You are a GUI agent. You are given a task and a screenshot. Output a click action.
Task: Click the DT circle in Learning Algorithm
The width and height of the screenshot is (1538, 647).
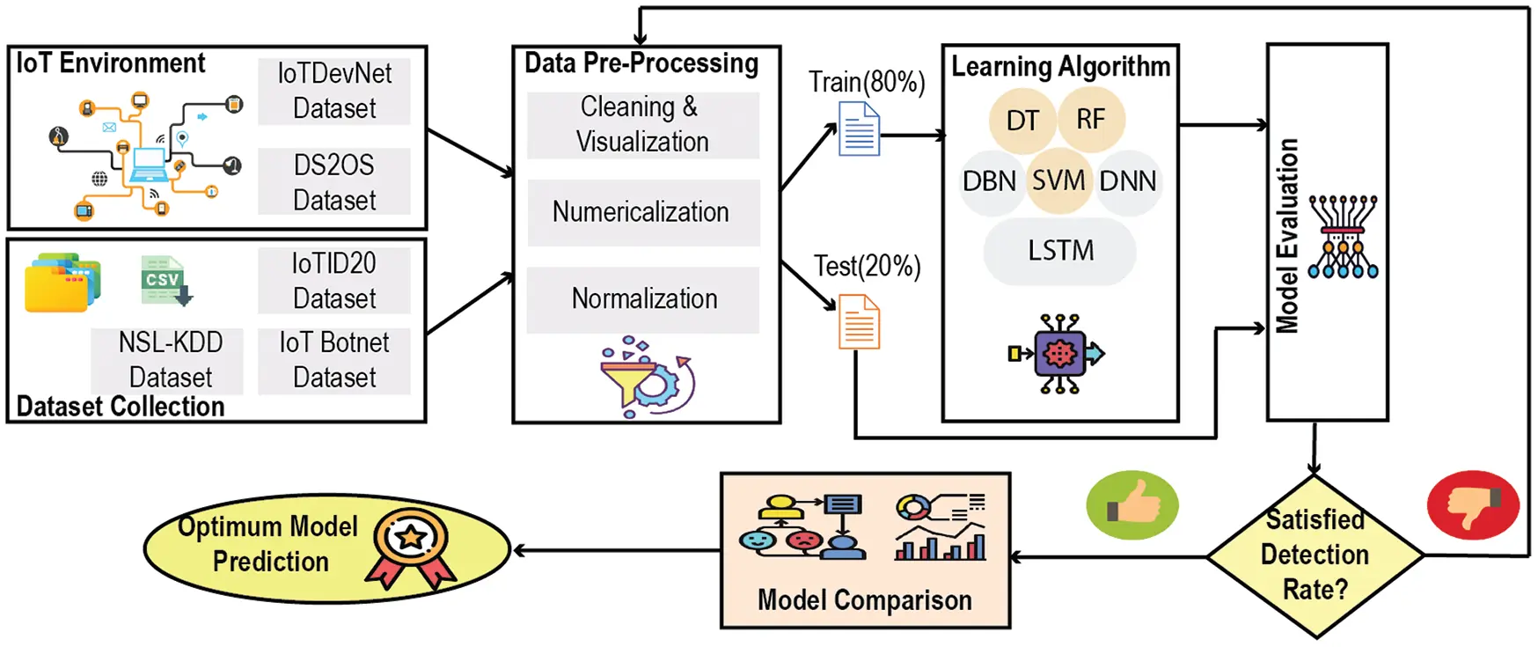tap(1022, 121)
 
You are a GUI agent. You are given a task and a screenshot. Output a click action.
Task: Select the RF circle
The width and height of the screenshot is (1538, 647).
tap(1090, 119)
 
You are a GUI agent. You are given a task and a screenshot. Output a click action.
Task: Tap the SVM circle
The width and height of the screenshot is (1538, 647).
tap(1058, 181)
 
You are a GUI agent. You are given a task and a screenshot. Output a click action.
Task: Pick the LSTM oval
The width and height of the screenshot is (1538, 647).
tap(1060, 251)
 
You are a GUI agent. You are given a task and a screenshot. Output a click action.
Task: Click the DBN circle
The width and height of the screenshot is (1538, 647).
tap(990, 182)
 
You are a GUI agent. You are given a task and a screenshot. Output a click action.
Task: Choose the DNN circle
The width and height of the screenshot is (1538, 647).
tap(1128, 182)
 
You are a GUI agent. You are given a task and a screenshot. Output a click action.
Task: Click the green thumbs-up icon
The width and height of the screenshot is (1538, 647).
tap(1132, 505)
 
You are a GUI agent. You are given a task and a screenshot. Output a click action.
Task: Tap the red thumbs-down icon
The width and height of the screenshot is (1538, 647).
tap(1473, 505)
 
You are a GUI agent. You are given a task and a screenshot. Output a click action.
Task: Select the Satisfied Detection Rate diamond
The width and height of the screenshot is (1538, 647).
tap(1315, 555)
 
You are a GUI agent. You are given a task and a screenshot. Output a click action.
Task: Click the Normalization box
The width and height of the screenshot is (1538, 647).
tap(643, 299)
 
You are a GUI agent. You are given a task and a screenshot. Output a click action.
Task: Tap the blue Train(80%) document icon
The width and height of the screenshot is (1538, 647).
tap(859, 129)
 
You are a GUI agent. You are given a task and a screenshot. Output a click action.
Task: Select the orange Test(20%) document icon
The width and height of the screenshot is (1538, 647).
tap(859, 322)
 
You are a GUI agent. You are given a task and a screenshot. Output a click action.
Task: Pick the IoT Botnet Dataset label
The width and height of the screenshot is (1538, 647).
tap(334, 360)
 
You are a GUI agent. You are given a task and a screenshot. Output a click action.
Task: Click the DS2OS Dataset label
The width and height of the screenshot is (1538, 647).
tap(334, 182)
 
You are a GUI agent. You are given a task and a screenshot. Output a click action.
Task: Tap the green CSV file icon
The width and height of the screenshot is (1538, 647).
tap(165, 281)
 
